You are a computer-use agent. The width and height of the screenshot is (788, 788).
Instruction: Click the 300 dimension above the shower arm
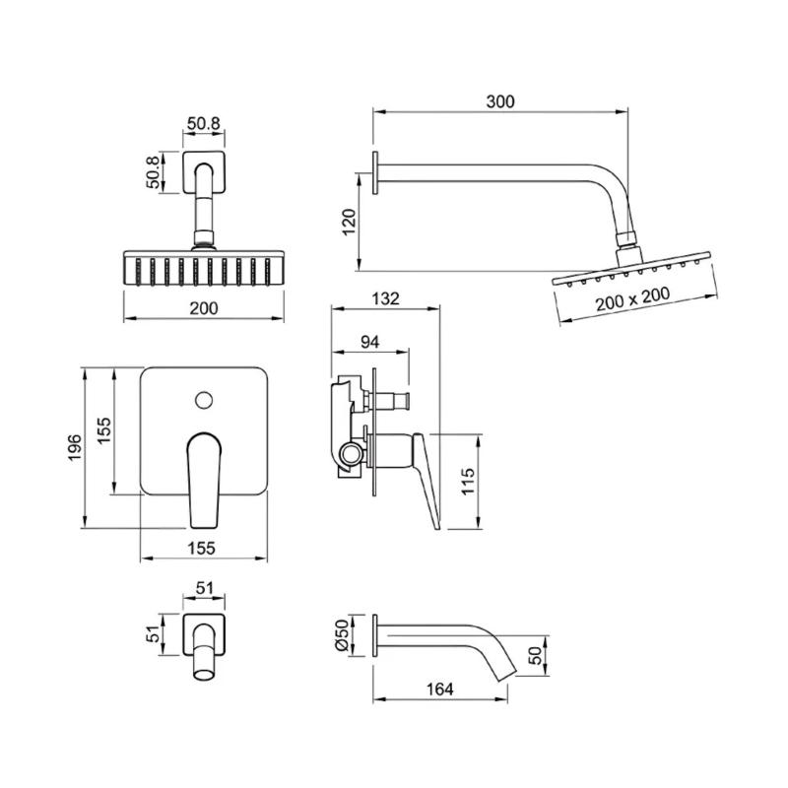499,100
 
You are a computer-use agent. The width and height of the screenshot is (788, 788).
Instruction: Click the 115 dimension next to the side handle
468,481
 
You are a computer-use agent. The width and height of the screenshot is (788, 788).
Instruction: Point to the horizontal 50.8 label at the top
204,125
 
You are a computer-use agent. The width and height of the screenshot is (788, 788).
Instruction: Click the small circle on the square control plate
204,400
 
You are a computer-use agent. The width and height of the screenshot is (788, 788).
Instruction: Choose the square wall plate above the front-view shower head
204,172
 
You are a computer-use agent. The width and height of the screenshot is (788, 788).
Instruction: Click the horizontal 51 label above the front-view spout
204,588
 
